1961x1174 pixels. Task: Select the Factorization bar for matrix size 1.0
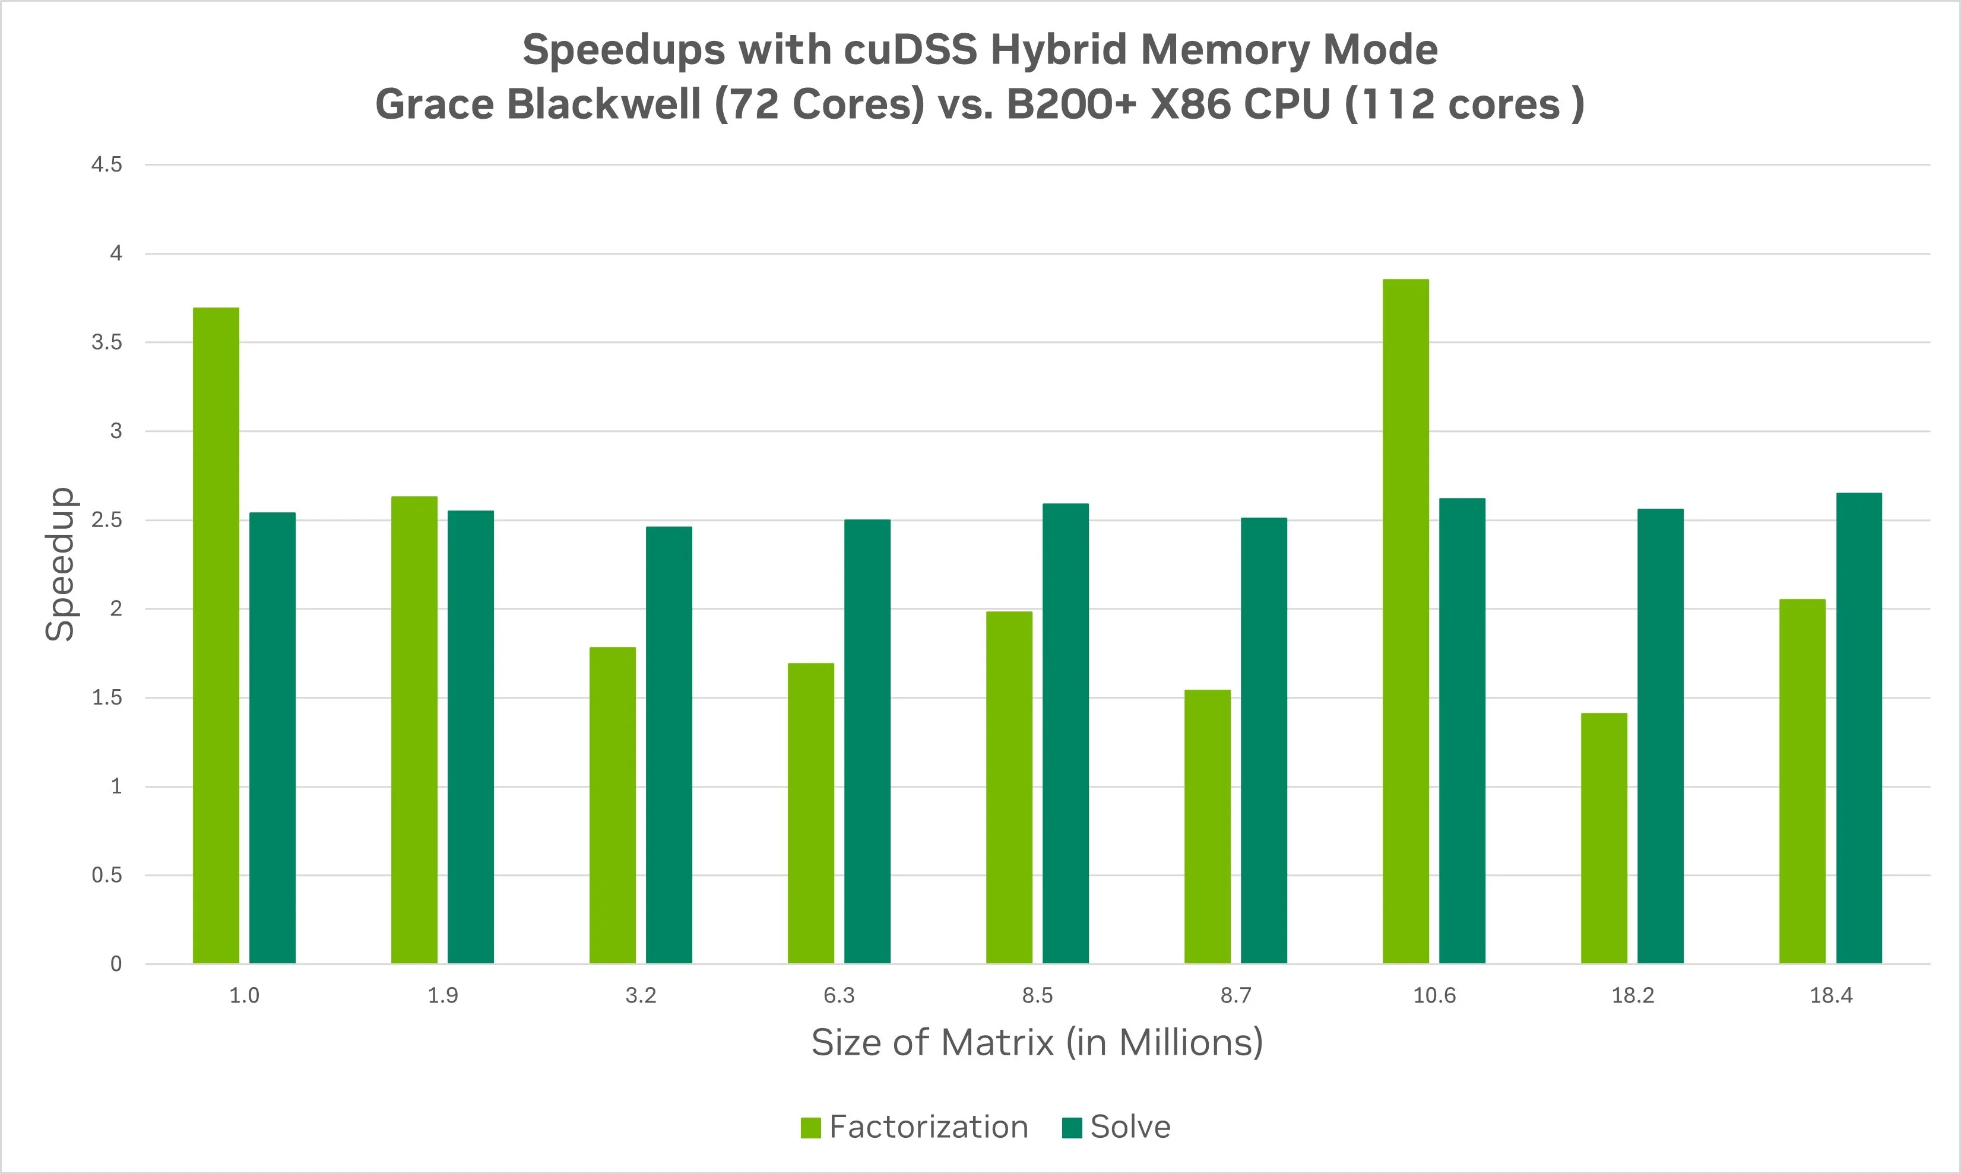pos(216,635)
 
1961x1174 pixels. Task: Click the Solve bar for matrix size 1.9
pos(471,737)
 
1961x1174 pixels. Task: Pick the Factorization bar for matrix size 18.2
pos(1604,838)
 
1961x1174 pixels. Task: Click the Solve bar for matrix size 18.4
pos(1859,728)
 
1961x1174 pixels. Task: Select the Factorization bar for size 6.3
pos(811,813)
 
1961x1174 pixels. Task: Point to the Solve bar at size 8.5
pos(1065,734)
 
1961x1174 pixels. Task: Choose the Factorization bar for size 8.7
pos(1208,827)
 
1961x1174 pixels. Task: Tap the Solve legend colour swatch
pos(1072,1127)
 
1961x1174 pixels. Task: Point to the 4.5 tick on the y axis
pos(107,164)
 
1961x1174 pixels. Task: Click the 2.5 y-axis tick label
pos(107,520)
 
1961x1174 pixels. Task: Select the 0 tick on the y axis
pos(116,963)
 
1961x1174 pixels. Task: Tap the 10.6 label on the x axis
pos(1434,995)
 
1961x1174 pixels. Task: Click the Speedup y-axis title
pos(60,563)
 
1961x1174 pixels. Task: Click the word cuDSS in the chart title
pos(910,50)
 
